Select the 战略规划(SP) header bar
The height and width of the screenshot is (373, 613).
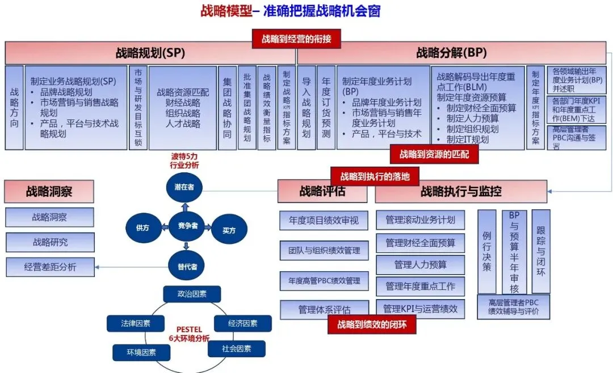pyautogui.click(x=150, y=53)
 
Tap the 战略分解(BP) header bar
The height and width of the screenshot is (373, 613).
pyautogui.click(x=451, y=53)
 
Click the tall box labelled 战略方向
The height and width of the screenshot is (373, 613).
pyautogui.click(x=14, y=107)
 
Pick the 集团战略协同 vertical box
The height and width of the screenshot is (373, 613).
pyautogui.click(x=227, y=107)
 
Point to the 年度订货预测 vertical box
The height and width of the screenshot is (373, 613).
pyautogui.click(x=326, y=107)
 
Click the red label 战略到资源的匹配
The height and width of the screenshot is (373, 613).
pyautogui.click(x=434, y=154)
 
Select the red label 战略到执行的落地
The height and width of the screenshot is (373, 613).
pyautogui.click(x=375, y=176)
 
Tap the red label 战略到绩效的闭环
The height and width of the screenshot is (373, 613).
pyautogui.click(x=372, y=325)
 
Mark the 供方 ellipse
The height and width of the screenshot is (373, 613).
pyautogui.click(x=142, y=227)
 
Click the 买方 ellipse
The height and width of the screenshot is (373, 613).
pyautogui.click(x=228, y=230)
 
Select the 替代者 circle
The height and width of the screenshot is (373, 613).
pyautogui.click(x=186, y=266)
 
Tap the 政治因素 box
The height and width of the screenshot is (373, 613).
pyautogui.click(x=192, y=294)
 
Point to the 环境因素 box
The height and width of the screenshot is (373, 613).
pyautogui.click(x=141, y=353)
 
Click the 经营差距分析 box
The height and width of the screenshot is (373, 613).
pyautogui.click(x=50, y=266)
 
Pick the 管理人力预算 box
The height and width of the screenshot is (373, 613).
pyautogui.click(x=420, y=264)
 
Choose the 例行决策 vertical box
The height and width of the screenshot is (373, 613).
pyautogui.click(x=487, y=251)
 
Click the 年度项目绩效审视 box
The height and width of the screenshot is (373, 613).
pyautogui.click(x=324, y=220)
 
